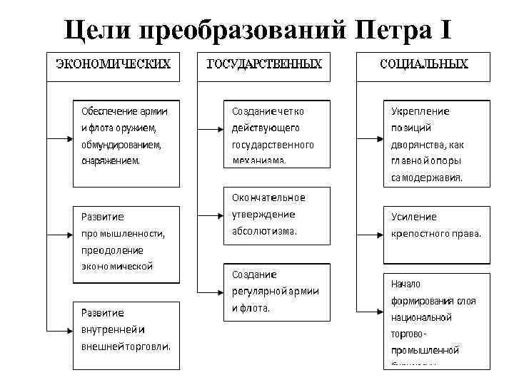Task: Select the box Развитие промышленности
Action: tap(123, 241)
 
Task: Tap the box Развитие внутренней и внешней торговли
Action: tap(123, 331)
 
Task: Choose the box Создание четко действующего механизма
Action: tap(277, 135)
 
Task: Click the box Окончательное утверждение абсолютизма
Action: tap(277, 214)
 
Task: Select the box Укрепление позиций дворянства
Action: tap(436, 144)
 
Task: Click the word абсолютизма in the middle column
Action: tap(263, 231)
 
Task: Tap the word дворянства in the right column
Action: tap(416, 145)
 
